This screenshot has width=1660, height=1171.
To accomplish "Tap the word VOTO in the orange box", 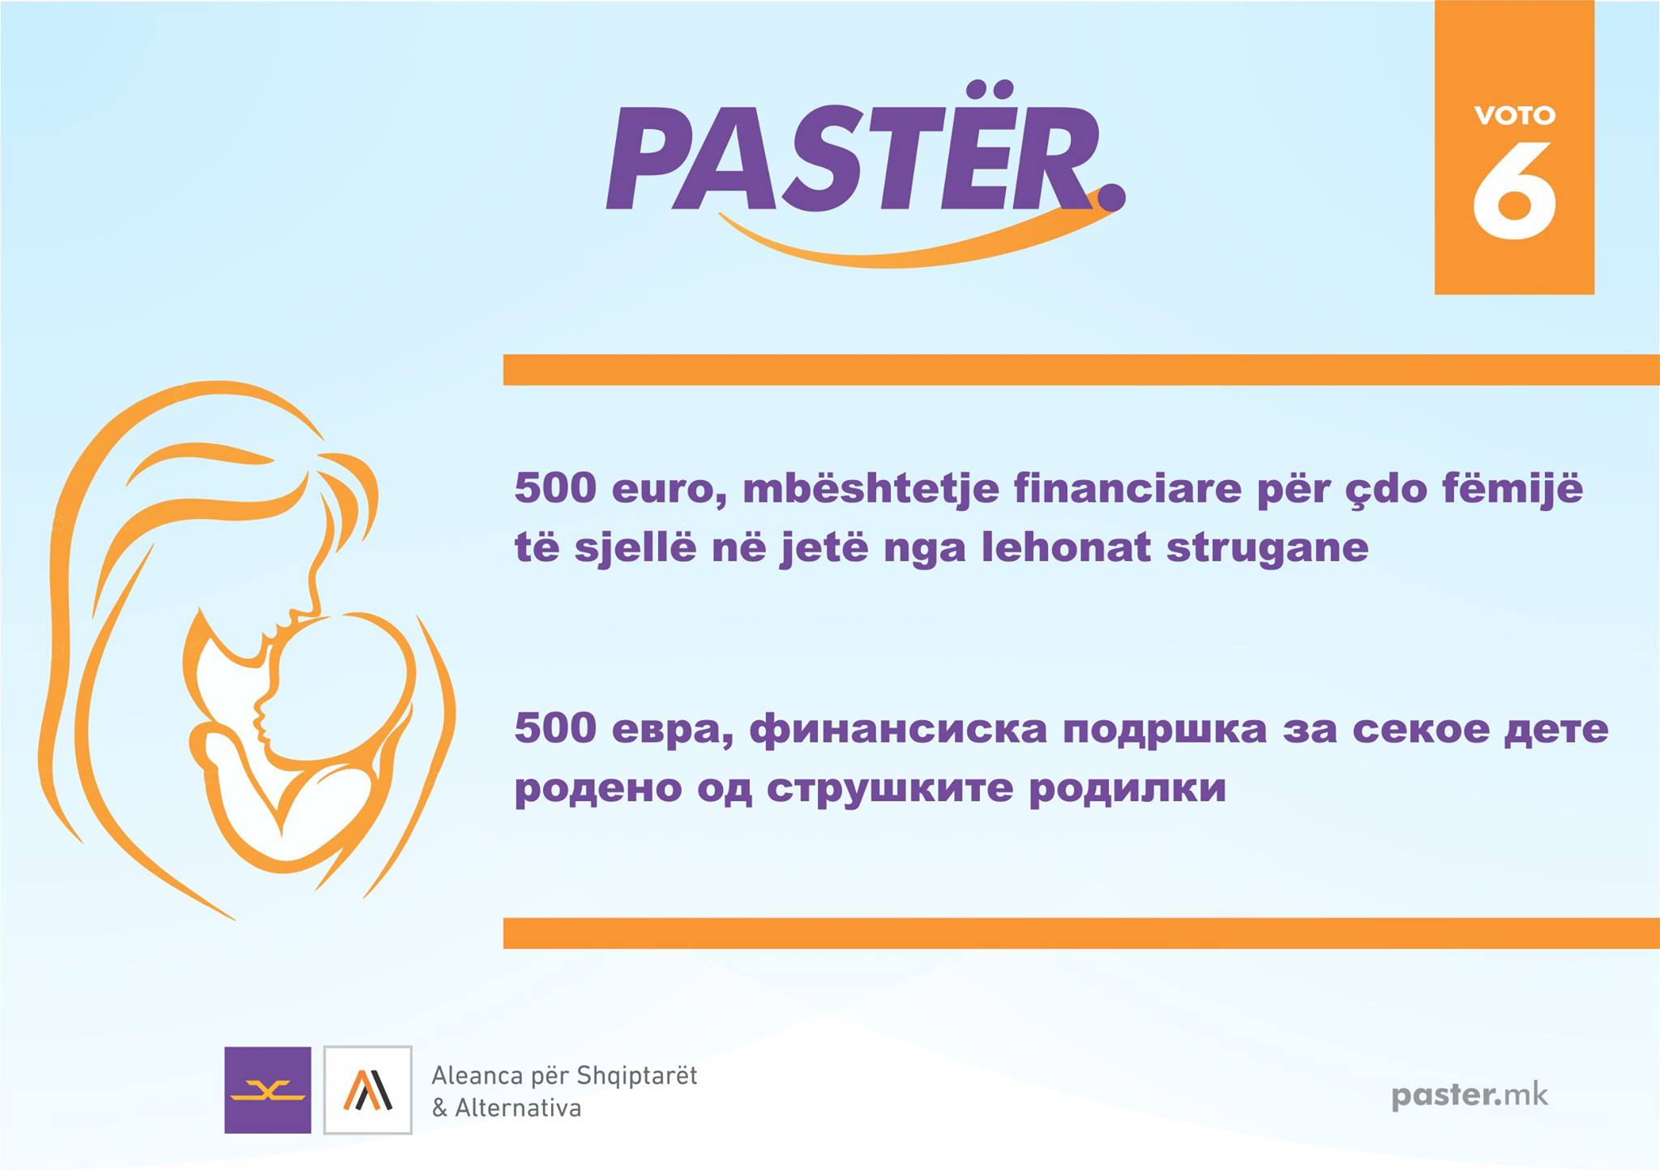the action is click(x=1514, y=115).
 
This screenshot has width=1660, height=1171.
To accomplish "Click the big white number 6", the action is click(x=1514, y=191).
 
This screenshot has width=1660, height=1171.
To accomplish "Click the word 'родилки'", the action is click(x=1127, y=790).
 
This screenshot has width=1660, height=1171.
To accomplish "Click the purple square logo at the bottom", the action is click(x=267, y=1090).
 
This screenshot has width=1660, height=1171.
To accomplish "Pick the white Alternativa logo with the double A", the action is click(x=368, y=1090).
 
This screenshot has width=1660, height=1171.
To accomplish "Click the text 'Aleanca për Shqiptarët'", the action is click(x=564, y=1077).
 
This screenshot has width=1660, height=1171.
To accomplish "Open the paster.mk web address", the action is click(x=1470, y=1096).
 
